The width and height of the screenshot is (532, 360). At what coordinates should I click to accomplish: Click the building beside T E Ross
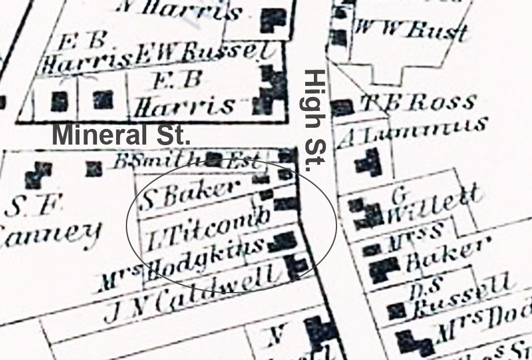pos(342,107)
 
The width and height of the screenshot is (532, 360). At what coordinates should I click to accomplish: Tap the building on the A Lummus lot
pos(368,162)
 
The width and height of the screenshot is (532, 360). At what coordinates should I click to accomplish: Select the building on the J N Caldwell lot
pos(297,267)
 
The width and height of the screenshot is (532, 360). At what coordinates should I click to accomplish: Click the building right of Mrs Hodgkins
pos(283,241)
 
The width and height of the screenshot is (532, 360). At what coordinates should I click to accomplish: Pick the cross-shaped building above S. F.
pos(38,173)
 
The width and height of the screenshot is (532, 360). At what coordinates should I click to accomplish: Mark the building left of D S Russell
pos(396,311)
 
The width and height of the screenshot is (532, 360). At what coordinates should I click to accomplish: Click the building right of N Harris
pos(273,21)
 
